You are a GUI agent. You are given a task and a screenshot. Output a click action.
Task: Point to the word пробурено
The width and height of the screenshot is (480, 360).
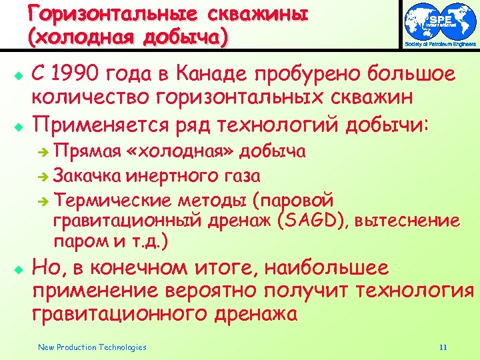coord(323,74)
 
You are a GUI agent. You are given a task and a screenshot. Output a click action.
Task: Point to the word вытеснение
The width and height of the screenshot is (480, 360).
coord(407,221)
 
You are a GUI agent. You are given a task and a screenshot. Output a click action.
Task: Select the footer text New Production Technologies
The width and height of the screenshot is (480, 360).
coord(92,347)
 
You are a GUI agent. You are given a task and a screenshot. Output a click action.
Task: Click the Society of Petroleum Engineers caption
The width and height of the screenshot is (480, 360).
coord(441,44)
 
